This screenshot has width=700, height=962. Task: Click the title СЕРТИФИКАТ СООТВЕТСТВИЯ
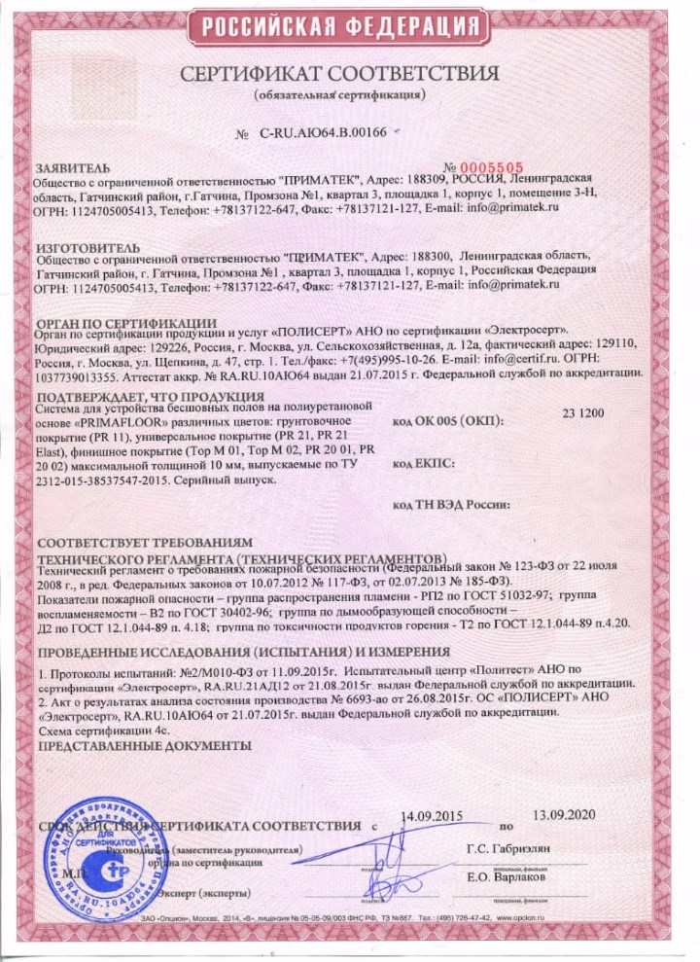350,75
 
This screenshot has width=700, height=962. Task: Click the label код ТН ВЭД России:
451,506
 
